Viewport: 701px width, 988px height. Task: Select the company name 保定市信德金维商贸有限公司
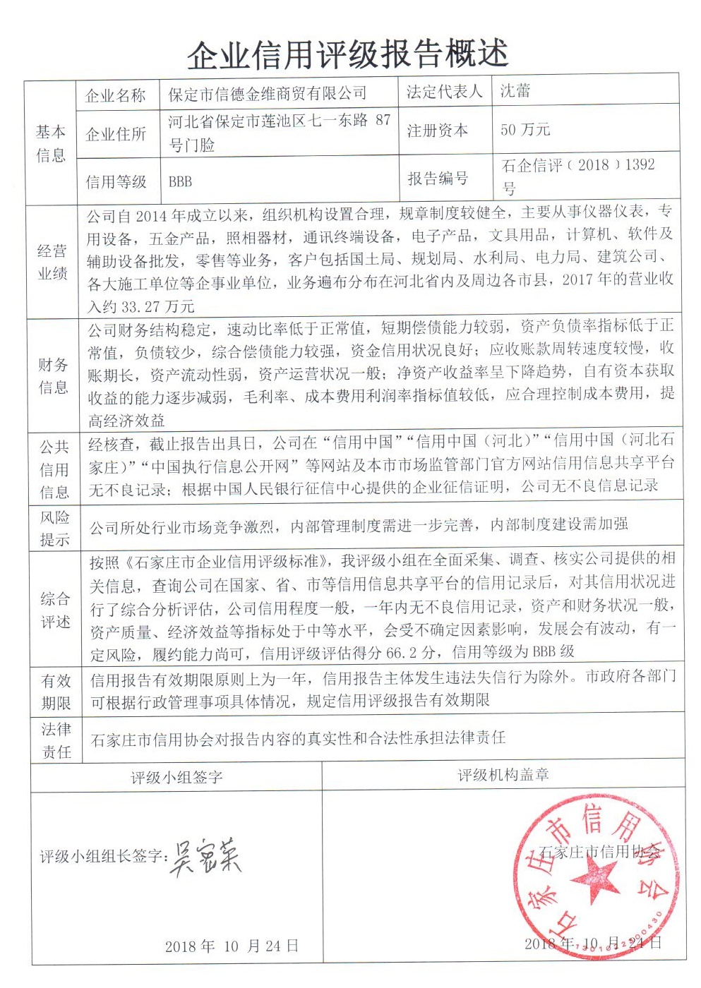pyautogui.click(x=268, y=93)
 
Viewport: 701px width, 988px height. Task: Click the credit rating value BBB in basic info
pyautogui.click(x=180, y=182)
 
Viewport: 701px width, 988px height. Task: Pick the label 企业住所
pyautogui.click(x=115, y=134)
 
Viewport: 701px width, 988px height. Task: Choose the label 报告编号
pyautogui.click(x=438, y=179)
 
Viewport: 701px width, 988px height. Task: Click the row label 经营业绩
pyautogui.click(x=52, y=262)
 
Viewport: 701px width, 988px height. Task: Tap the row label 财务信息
pyautogui.click(x=53, y=375)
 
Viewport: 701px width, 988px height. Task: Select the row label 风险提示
pyautogui.click(x=54, y=529)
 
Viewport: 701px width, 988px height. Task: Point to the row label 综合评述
pyautogui.click(x=54, y=610)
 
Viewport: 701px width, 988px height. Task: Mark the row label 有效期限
pyautogui.click(x=55, y=692)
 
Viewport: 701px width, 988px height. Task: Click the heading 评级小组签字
pyautogui.click(x=176, y=778)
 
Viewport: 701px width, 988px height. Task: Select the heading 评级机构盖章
pyautogui.click(x=503, y=775)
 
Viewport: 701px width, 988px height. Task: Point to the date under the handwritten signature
pyautogui.click(x=232, y=946)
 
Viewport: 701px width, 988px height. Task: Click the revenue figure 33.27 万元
pyautogui.click(x=158, y=307)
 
